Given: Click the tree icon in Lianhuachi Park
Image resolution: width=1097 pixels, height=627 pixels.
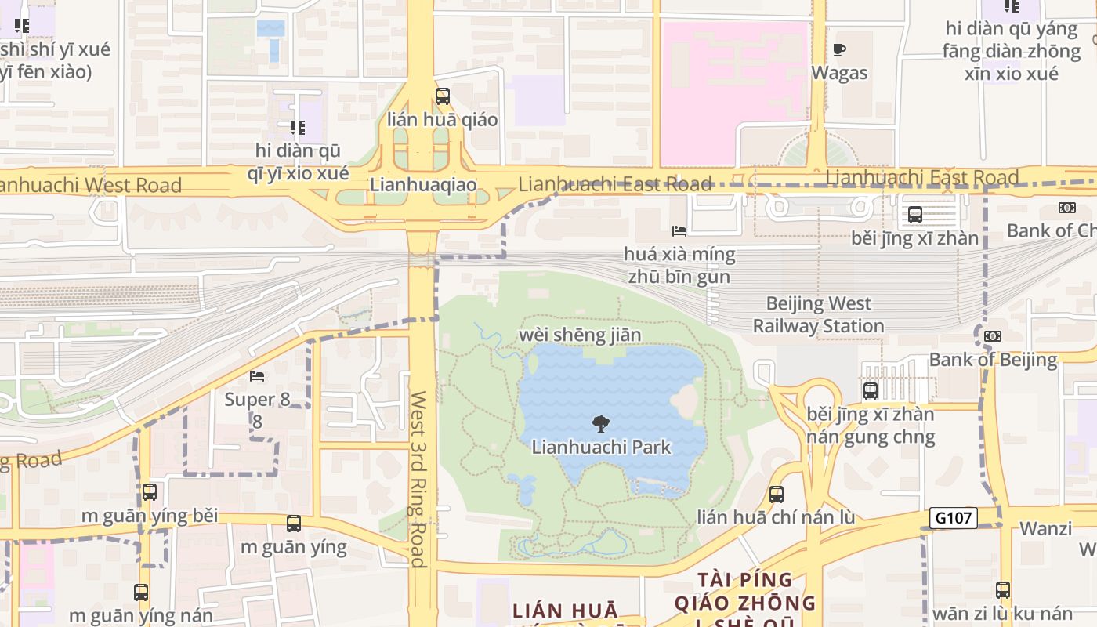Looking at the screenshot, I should [601, 424].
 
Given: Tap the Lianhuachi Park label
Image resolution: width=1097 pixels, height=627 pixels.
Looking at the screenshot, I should [601, 448].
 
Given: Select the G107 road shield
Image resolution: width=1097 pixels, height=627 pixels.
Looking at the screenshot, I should [954, 518].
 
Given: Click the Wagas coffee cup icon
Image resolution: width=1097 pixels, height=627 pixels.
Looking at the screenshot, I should [839, 50].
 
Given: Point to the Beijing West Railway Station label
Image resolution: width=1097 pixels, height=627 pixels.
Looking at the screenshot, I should [818, 314].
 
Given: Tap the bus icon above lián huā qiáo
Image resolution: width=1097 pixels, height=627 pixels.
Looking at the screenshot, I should [443, 96].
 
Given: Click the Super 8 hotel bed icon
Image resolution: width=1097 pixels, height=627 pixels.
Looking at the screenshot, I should [257, 376].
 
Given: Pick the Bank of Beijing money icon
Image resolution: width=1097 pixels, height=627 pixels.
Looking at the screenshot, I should [993, 336].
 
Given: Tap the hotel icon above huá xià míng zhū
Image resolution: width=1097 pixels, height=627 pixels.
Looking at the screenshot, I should [679, 231].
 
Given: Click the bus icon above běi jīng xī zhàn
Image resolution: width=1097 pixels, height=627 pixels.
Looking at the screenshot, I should [914, 215].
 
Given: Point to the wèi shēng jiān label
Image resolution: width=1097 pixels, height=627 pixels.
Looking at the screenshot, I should [580, 335].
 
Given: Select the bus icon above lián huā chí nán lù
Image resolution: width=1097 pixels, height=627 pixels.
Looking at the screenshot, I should [776, 495].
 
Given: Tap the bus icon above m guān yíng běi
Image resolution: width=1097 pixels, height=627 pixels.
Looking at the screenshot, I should [149, 492].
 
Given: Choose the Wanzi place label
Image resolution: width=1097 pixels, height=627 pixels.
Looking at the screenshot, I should [1045, 528].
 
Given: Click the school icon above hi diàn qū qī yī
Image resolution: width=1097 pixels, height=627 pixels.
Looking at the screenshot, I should [297, 127].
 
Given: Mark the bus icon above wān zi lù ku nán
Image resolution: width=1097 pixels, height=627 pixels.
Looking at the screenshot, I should [1003, 590].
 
